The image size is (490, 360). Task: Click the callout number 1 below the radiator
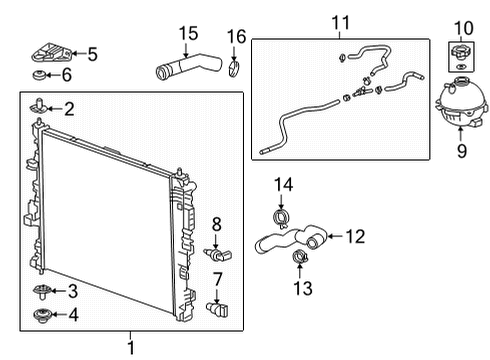(x=130, y=347)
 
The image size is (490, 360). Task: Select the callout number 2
(x=68, y=108)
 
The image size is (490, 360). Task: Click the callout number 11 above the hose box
(x=341, y=21)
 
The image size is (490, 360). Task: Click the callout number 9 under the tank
(x=461, y=151)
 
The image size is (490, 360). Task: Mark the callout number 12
(x=355, y=236)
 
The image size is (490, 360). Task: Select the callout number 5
(x=92, y=54)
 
